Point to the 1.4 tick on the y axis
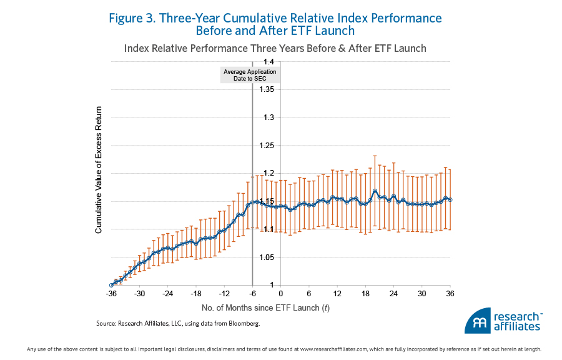tap(269, 62)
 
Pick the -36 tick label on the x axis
tap(112, 293)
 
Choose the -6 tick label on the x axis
tap(252, 293)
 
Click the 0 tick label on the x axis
tap(280, 293)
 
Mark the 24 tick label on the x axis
tap(393, 293)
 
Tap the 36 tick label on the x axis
tap(450, 293)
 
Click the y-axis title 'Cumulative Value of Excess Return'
tap(99, 174)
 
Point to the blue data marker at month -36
tap(112, 285)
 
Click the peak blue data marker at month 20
tap(375, 191)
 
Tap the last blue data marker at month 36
tap(450, 200)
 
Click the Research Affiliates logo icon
tap(478, 321)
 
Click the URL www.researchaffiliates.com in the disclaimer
tap(333, 349)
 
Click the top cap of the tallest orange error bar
tap(375, 156)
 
